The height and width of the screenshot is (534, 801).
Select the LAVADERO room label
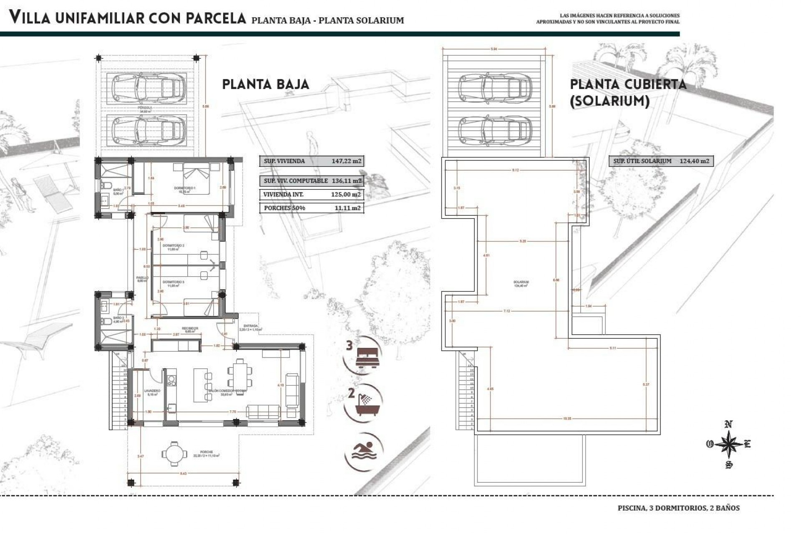(152, 391)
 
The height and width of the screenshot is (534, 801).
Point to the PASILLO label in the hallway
(142, 278)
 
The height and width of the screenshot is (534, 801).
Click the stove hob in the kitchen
(171, 380)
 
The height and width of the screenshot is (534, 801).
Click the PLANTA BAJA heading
(265, 85)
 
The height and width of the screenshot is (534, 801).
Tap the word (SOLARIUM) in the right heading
(610, 101)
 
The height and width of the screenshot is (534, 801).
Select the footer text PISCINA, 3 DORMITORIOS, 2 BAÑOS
(678, 508)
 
